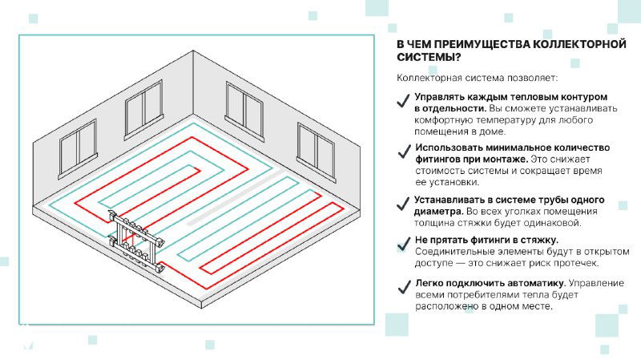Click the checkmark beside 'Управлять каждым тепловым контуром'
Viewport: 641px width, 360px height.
tap(404, 101)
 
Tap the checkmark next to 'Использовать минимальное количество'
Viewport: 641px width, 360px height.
tap(404, 152)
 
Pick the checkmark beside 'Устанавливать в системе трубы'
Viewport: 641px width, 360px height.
tap(404, 204)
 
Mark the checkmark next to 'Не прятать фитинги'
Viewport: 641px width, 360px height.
tap(404, 245)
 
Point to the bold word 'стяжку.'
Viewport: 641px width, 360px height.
tap(540, 240)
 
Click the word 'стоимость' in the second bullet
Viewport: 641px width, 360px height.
tap(438, 171)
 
